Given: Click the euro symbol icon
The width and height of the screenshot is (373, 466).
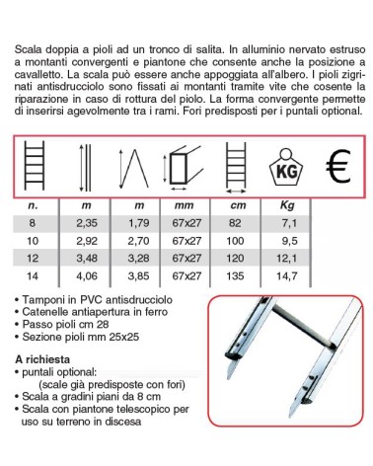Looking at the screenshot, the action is tap(337, 169).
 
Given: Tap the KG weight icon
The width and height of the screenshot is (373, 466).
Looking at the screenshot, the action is tap(284, 170).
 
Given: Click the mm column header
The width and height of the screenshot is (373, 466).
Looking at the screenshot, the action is tap(184, 206).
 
